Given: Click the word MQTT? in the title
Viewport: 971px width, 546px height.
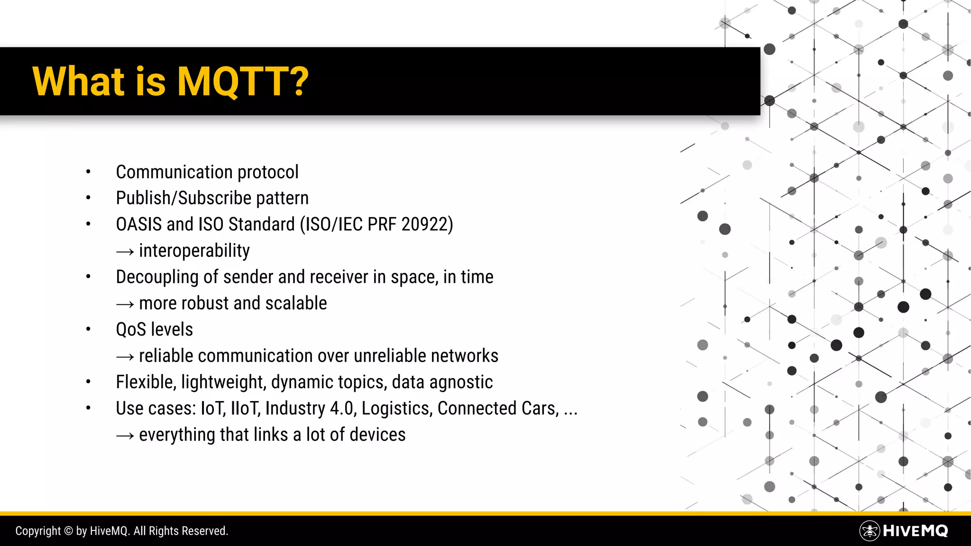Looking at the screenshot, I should coord(242,82).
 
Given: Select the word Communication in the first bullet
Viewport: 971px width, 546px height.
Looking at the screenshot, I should coord(174,172).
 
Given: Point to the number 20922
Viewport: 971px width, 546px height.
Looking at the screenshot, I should coord(425,224).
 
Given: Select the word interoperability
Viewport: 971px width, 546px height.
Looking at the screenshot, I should coord(194,251).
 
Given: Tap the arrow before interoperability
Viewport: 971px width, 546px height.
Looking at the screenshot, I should coord(125,252).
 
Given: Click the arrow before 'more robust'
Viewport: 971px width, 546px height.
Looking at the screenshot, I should coord(125,304).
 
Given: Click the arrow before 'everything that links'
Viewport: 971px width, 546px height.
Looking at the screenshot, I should coord(125,436).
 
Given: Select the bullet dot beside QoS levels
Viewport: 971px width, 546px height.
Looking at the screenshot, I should coord(88,329).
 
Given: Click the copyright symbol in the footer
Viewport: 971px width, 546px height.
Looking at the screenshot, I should coord(68,531).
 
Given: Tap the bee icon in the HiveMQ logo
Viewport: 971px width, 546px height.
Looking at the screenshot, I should coord(869,531).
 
